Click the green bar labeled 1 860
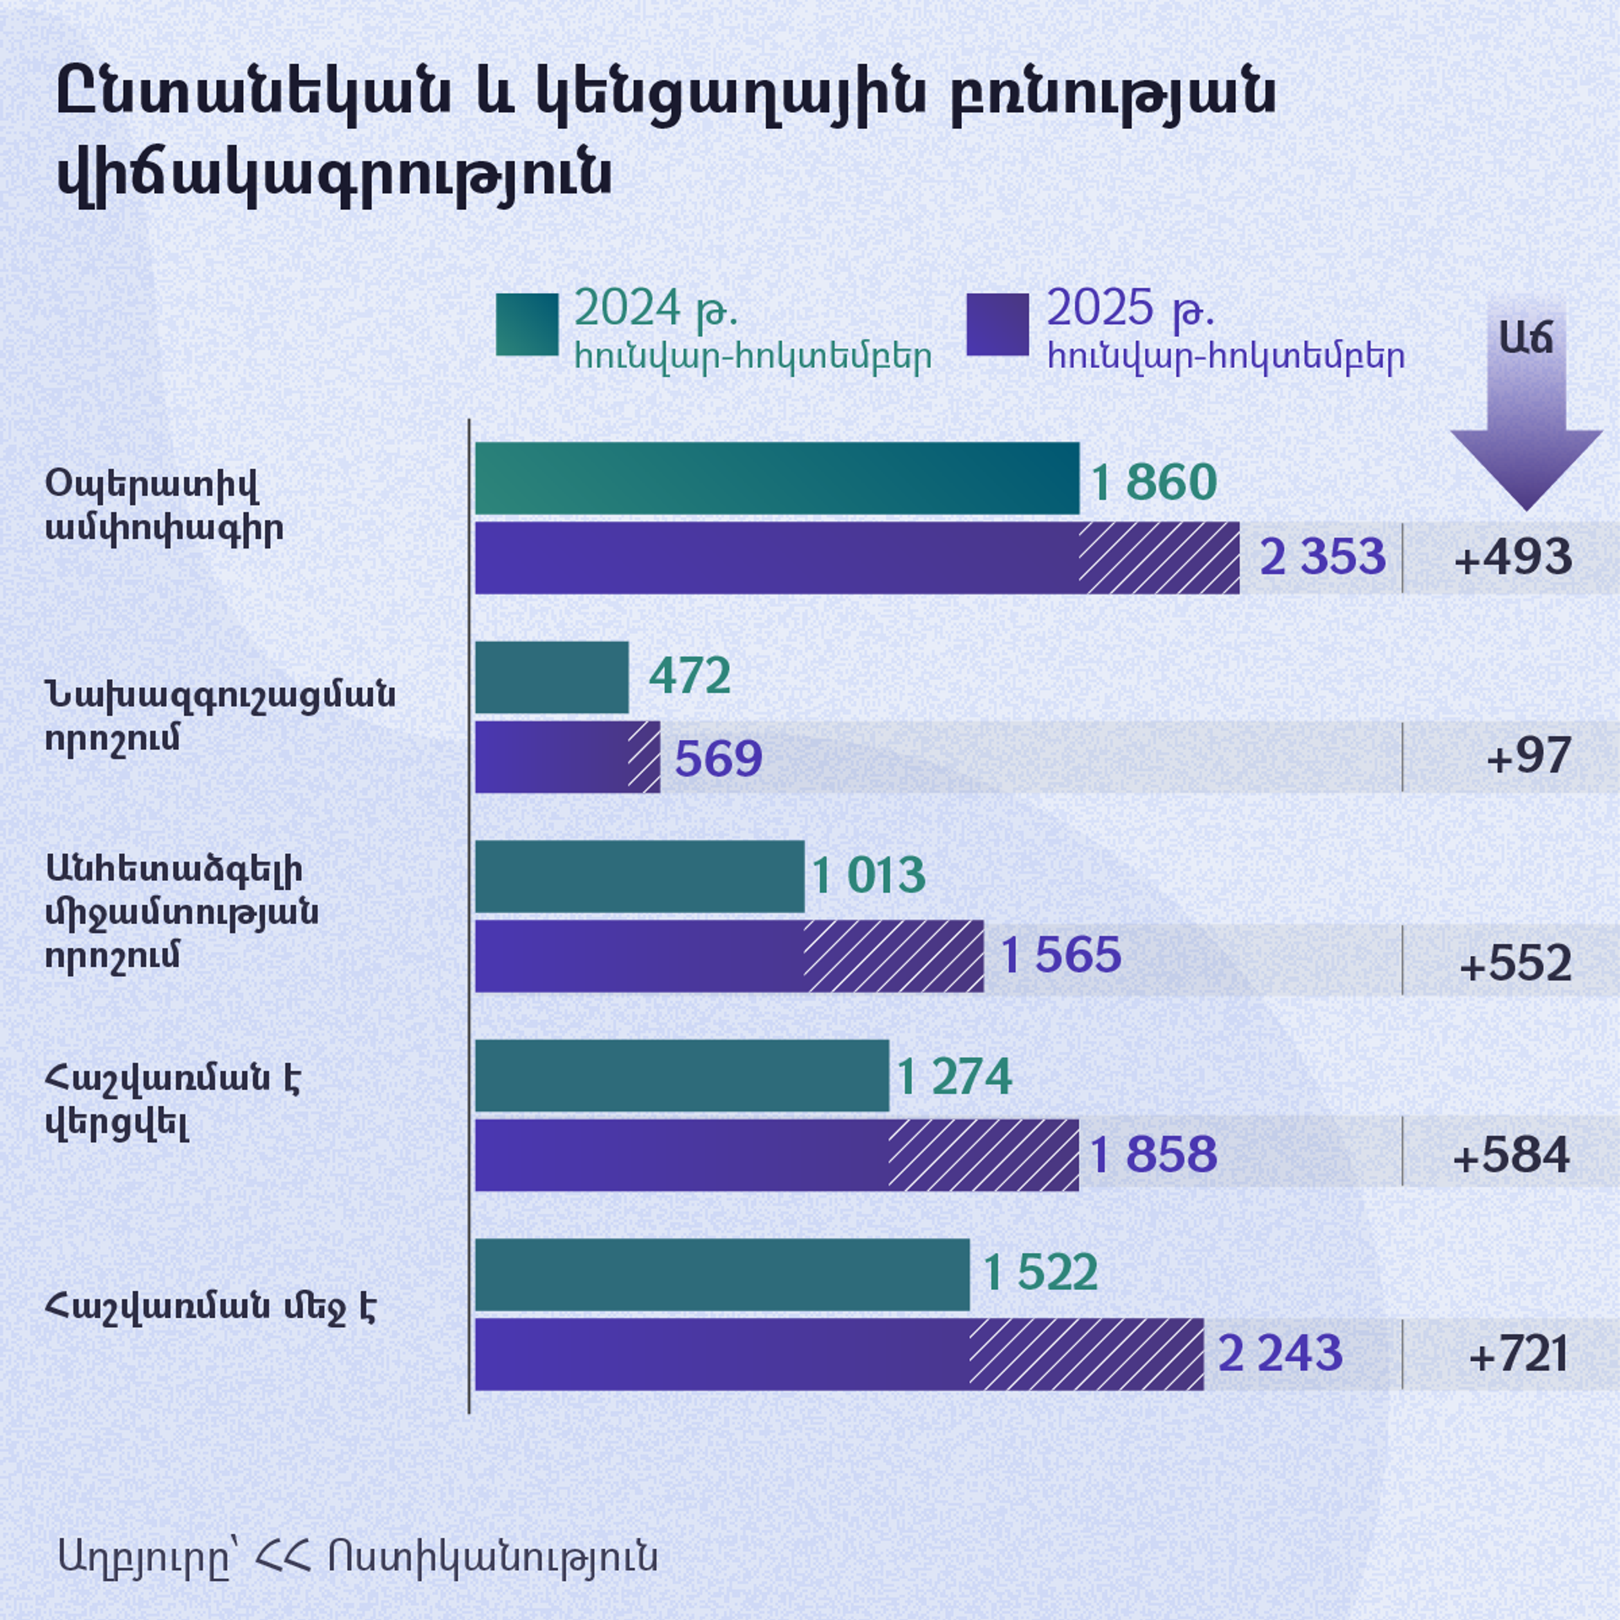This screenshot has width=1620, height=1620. pyautogui.click(x=776, y=478)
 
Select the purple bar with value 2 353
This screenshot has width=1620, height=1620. pyautogui.click(x=856, y=558)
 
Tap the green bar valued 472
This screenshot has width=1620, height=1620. pyautogui.click(x=551, y=677)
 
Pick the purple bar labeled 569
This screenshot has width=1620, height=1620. pyautogui.click(x=567, y=757)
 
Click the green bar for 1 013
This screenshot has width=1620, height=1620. pyautogui.click(x=639, y=876)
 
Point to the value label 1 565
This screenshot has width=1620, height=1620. pyautogui.click(x=1061, y=955)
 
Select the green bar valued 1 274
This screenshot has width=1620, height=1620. pyautogui.click(x=681, y=1075)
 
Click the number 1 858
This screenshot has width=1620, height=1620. pyautogui.click(x=1153, y=1154)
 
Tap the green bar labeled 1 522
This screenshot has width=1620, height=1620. pyautogui.click(x=721, y=1274)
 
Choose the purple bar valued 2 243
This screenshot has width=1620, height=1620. pyautogui.click(x=839, y=1354)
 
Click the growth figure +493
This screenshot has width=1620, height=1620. pyautogui.click(x=1513, y=558)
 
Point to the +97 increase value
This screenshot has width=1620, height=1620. pyautogui.click(x=1528, y=756)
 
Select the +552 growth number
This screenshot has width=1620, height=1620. pyautogui.click(x=1515, y=963)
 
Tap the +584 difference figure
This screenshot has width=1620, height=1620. pyautogui.click(x=1511, y=1155)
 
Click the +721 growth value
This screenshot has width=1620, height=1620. pyautogui.click(x=1519, y=1354)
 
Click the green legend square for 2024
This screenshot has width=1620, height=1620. pyautogui.click(x=526, y=324)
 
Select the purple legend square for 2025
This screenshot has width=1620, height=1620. pyautogui.click(x=997, y=324)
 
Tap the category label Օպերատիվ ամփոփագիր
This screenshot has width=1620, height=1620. pyautogui.click(x=164, y=505)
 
